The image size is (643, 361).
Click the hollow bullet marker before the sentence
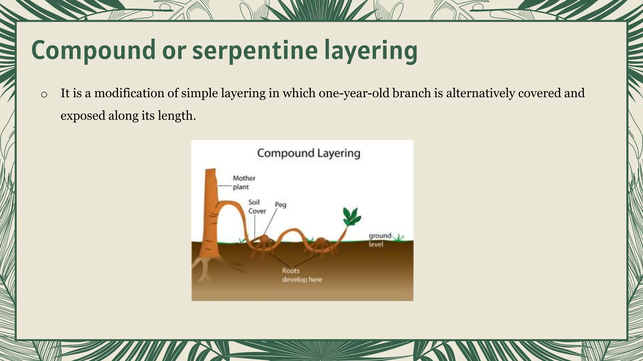click(x=44, y=94)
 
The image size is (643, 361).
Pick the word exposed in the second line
click(x=83, y=116)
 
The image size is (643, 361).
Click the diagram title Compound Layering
click(x=308, y=153)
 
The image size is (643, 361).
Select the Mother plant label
click(x=244, y=182)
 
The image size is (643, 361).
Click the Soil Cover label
click(x=257, y=207)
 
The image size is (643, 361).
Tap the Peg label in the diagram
click(x=280, y=205)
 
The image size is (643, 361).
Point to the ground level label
click(x=380, y=240)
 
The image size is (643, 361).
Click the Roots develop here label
click(x=302, y=275)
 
